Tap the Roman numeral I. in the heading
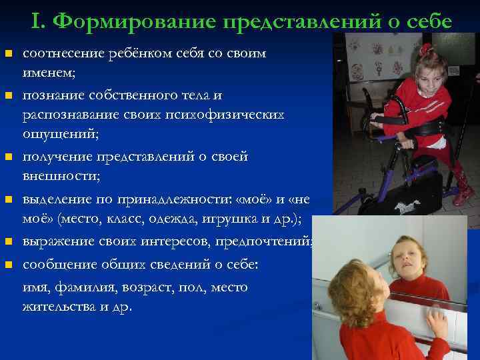[x=37, y=21]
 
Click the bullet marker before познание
[x=8, y=97]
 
